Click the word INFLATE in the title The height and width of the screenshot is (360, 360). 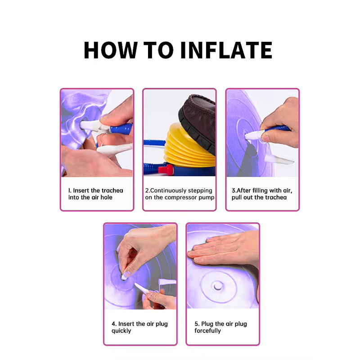pyautogui.click(x=226, y=50)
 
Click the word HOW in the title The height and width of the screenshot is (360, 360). pyautogui.click(x=111, y=50)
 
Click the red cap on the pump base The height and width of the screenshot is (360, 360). pyautogui.click(x=165, y=170)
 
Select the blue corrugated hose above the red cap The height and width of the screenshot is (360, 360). pyautogui.click(x=154, y=143)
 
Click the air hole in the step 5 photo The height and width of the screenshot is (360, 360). pyautogui.click(x=217, y=286)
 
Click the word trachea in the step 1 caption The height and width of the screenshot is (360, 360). pyautogui.click(x=112, y=190)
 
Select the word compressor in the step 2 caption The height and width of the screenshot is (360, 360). pyautogui.click(x=181, y=198)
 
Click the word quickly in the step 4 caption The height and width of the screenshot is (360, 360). pyautogui.click(x=121, y=331)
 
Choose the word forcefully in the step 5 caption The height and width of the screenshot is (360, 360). pyautogui.click(x=207, y=331)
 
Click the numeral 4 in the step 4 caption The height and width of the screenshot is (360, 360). pyautogui.click(x=113, y=324)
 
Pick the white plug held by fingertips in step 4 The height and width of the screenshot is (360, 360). pyautogui.click(x=125, y=276)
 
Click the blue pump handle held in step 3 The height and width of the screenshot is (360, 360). pyautogui.click(x=277, y=128)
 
